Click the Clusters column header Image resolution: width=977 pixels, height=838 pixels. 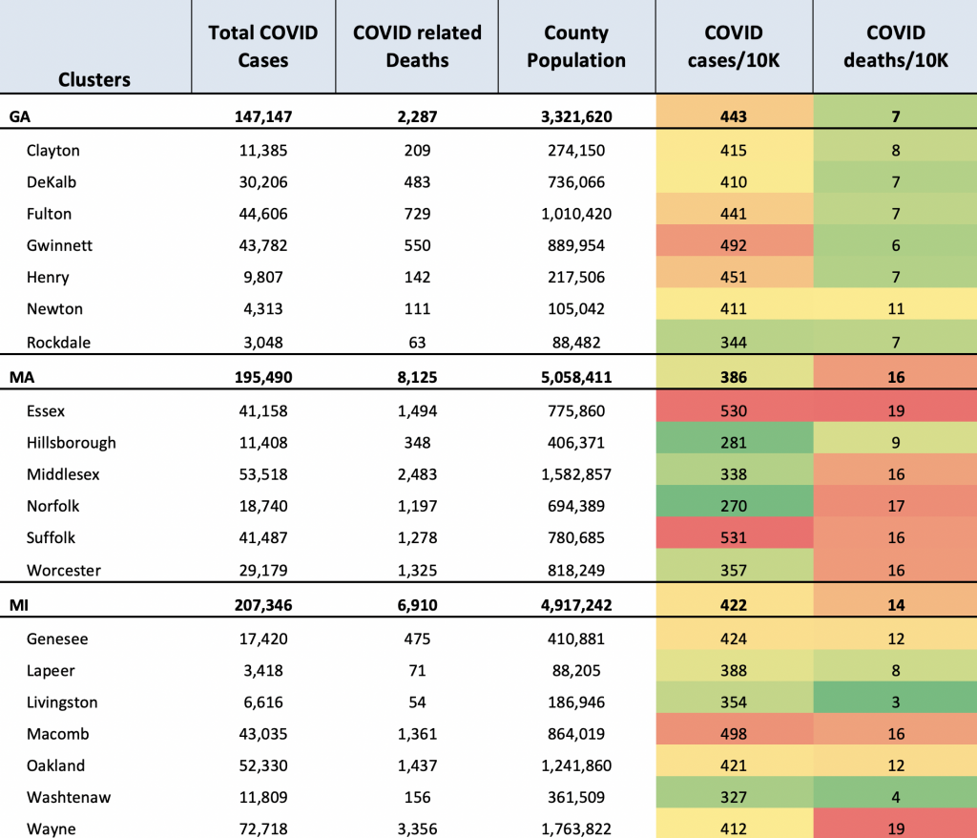tap(94, 80)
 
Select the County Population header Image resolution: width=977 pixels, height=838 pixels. tap(576, 46)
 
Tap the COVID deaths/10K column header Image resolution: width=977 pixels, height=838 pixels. tap(895, 46)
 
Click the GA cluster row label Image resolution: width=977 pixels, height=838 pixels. tap(20, 116)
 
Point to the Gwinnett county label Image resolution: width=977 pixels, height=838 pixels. tap(59, 245)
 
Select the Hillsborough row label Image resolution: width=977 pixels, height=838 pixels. tap(71, 443)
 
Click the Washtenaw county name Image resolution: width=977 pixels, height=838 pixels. tap(69, 797)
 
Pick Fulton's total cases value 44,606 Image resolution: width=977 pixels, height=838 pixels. tap(263, 214)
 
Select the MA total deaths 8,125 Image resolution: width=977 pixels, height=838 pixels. tap(418, 377)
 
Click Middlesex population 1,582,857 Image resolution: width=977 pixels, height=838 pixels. tap(576, 474)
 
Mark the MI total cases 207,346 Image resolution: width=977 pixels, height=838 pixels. tap(263, 605)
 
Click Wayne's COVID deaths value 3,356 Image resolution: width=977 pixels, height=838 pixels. tap(418, 828)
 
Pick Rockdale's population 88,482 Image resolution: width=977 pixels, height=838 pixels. tap(576, 343)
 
